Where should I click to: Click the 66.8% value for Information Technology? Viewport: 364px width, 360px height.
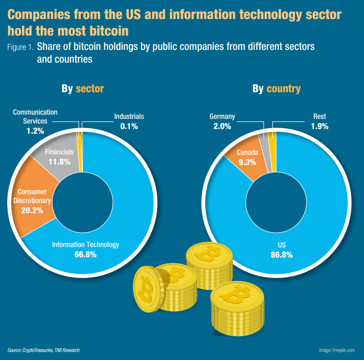click(85, 254)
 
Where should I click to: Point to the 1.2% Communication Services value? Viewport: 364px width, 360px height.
click(35, 131)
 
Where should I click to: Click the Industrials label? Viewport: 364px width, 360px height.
click(129, 116)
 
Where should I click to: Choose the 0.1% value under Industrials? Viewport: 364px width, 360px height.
click(129, 126)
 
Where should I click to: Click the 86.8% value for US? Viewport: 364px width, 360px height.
click(282, 255)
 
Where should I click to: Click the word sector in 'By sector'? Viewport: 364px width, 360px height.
click(90, 88)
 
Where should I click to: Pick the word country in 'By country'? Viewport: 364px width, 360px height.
click(284, 88)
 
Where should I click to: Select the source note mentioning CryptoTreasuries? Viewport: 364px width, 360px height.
click(44, 350)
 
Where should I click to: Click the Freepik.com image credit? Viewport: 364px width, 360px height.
click(337, 350)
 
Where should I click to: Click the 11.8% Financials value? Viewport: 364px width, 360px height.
click(59, 161)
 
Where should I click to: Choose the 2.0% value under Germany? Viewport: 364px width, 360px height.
click(222, 126)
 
